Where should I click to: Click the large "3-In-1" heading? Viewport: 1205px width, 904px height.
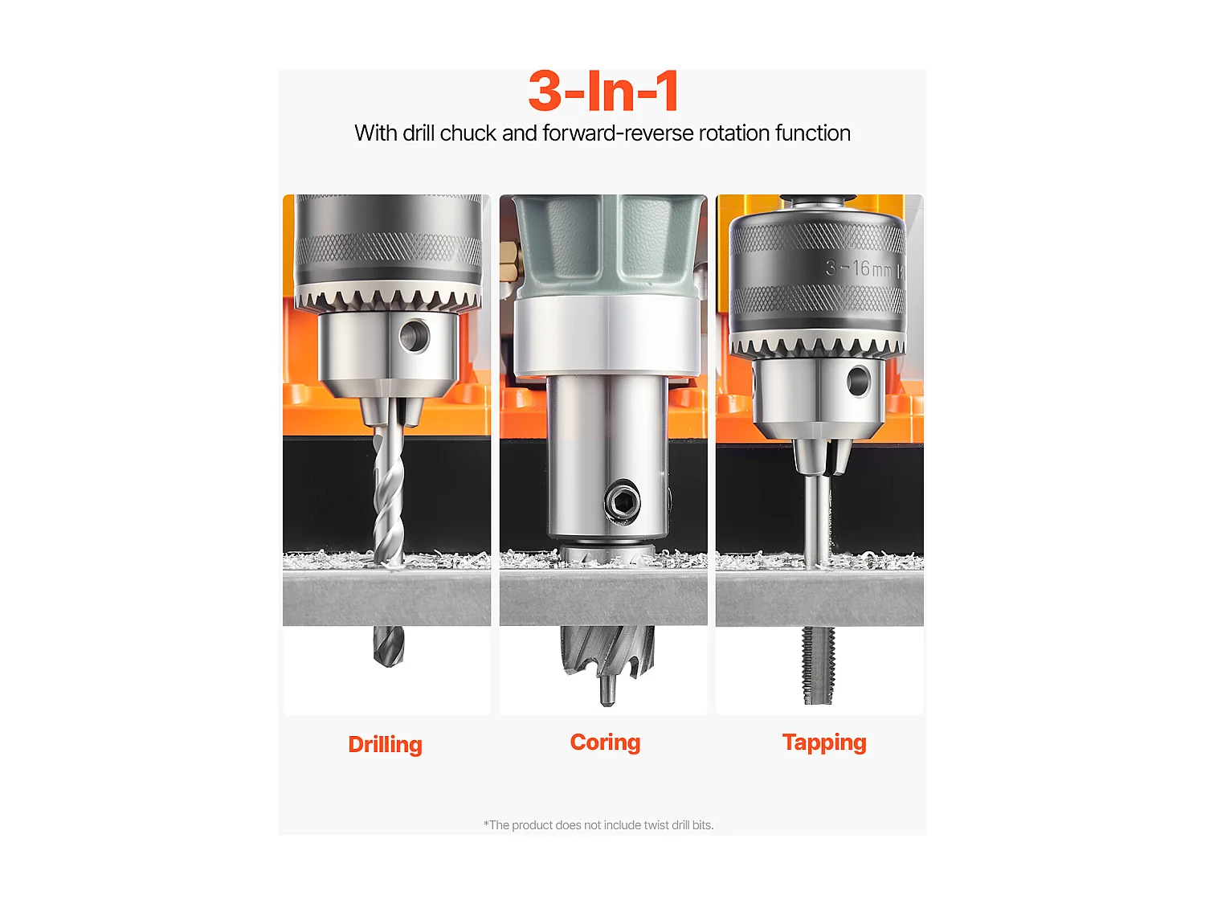602,91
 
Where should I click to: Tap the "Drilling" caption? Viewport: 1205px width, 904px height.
385,745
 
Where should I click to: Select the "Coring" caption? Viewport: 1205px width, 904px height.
605,742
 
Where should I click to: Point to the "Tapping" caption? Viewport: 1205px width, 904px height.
824,743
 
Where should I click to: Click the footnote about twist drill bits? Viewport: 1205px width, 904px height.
598,825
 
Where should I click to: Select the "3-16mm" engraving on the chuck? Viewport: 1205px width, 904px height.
858,268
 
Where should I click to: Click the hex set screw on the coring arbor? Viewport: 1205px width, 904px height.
622,500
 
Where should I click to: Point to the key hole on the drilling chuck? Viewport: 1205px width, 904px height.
415,335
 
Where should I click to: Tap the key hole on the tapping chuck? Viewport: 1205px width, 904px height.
858,380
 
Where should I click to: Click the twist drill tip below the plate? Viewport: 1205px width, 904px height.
388,647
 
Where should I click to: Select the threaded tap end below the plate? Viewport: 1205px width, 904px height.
818,665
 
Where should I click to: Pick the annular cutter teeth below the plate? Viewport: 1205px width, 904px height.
607,653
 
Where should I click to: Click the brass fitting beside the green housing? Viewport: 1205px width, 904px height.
509,263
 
